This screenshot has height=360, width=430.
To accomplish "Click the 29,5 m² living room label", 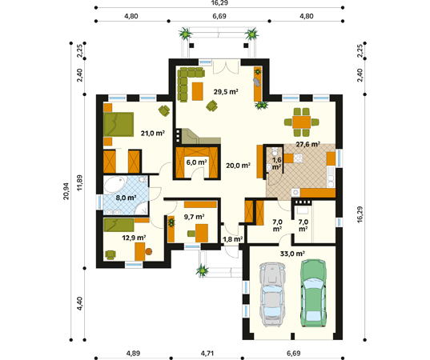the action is coord(226,91).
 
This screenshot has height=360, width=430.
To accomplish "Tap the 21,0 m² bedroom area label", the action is coord(152,133).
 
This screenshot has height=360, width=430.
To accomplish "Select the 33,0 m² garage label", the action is coord(292,254).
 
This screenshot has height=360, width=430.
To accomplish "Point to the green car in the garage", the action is coord(314,293).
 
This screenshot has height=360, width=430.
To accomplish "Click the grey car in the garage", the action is coord(271,294).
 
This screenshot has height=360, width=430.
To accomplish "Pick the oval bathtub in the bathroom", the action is coord(115,184).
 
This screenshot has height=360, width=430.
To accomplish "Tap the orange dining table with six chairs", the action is coord(302,122).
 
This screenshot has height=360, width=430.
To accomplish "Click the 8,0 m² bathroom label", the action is coord(126,198).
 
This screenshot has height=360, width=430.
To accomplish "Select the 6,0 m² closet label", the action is coord(196,162).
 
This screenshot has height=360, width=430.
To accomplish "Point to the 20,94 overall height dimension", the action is coord(66,191).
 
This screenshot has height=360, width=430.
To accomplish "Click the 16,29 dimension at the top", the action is coord(219,2).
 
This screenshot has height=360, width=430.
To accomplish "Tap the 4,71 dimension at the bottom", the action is coord(207,354).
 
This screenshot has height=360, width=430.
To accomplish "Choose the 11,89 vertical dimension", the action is coord(79,182).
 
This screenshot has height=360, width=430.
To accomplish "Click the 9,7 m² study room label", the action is coord(194,217).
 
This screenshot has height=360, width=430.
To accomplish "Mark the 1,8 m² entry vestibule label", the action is coord(232,239).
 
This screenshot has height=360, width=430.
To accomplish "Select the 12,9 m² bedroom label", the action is coord(134,238).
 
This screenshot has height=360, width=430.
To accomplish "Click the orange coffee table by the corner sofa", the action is coord(198,91).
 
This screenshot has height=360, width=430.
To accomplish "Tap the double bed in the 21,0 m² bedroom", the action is coord(119,124).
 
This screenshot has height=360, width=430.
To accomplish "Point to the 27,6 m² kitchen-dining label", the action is coord(308,144).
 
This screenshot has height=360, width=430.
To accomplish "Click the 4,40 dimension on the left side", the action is coord(79,303).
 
